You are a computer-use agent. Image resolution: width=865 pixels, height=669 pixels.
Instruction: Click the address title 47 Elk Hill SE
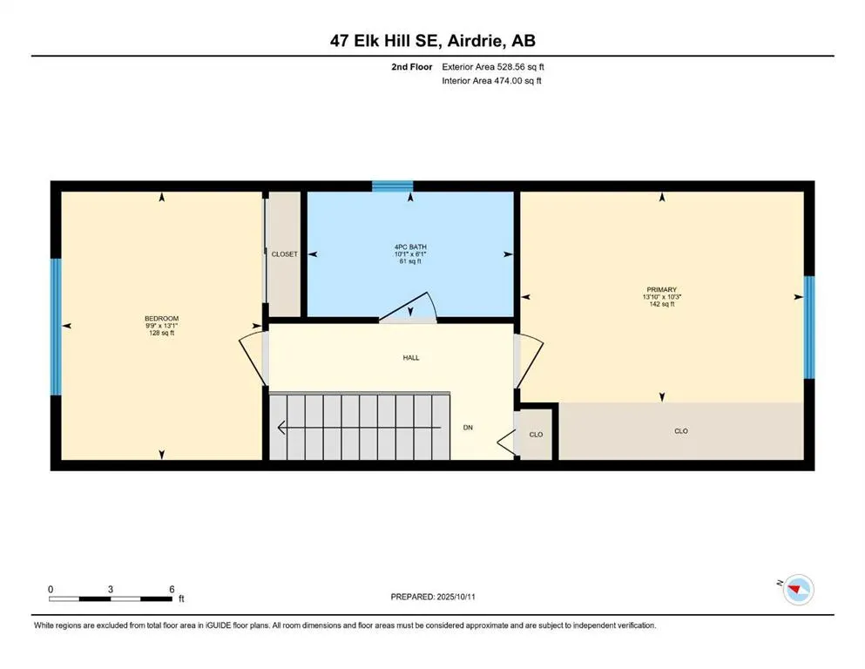point(432,40)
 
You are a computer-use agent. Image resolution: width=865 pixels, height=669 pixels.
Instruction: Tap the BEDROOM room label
point(161,319)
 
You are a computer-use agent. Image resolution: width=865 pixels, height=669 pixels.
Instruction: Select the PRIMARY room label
point(661,289)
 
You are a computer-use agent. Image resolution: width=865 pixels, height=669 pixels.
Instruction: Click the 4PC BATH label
point(409,247)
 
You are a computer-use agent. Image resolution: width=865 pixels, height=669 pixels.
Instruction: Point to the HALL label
point(412,357)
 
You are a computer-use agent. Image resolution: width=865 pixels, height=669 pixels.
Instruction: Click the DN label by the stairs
point(468,428)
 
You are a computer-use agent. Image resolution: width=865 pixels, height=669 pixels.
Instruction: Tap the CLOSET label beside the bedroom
point(284,254)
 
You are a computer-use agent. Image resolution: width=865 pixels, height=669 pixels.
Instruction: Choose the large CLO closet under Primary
point(681,431)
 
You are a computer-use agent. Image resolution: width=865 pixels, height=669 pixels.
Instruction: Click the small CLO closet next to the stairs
point(537,434)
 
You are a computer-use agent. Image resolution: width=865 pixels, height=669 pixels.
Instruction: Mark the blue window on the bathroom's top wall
point(392,186)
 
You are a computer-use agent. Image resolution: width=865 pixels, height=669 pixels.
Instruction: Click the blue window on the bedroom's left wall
point(56,327)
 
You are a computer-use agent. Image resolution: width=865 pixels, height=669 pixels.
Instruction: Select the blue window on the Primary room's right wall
point(808,327)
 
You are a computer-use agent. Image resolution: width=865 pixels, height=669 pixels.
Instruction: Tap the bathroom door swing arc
point(409,307)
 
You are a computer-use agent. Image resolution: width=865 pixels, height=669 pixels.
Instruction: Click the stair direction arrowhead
point(281,427)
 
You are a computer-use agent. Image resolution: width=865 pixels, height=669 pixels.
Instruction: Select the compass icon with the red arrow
point(797,590)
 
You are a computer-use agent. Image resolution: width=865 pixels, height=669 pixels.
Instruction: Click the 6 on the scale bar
point(172,589)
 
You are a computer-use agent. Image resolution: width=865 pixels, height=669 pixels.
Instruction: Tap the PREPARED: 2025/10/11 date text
point(432,597)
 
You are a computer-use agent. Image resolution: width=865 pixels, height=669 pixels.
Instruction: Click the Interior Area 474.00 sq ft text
point(493,81)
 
